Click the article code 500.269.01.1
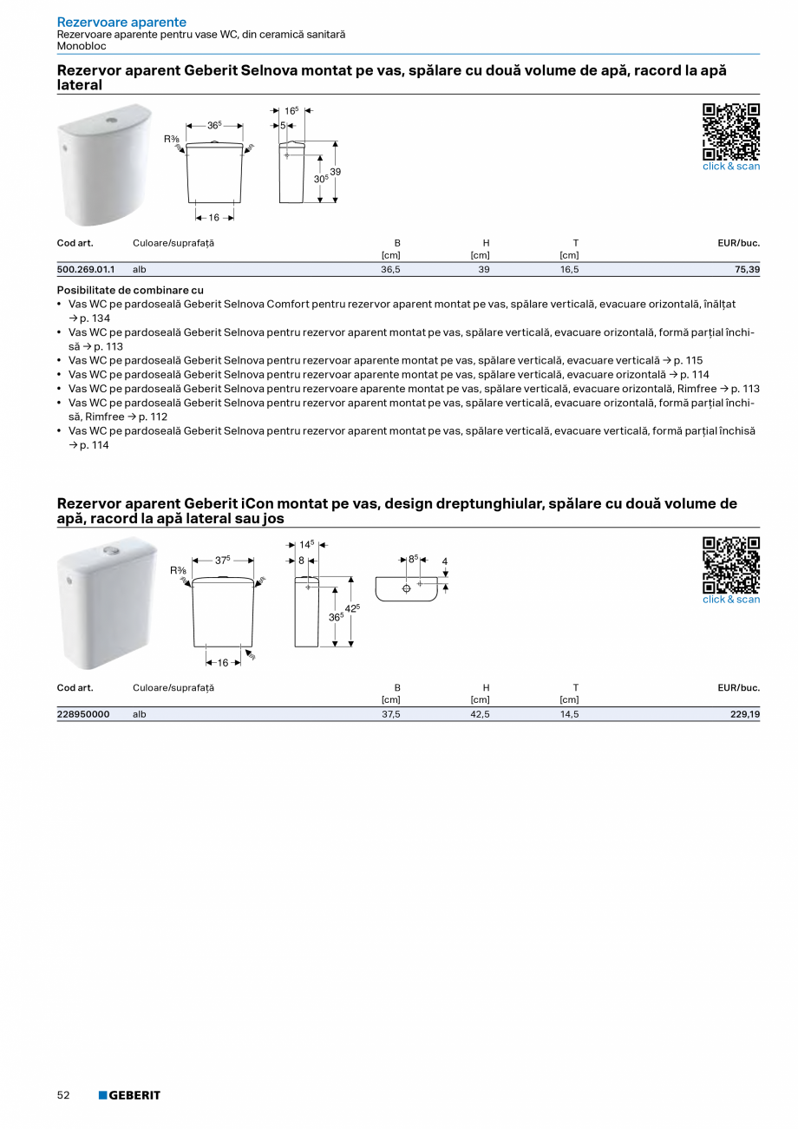point(86,270)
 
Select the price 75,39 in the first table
point(747,270)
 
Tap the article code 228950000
point(83,714)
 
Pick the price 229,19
point(744,714)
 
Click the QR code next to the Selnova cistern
point(730,131)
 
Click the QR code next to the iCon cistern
point(730,564)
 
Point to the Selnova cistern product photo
point(104,164)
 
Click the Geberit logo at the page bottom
point(129,1095)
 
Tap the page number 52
point(63,1095)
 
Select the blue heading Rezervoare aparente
point(121,22)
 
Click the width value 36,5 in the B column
point(390,270)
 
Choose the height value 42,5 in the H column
point(480,714)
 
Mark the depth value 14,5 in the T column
point(569,714)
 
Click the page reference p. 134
point(94,318)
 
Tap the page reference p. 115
point(688,360)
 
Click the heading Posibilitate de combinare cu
point(130,290)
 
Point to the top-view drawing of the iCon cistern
point(406,587)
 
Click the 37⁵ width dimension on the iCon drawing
point(223,561)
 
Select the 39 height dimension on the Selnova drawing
point(335,172)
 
